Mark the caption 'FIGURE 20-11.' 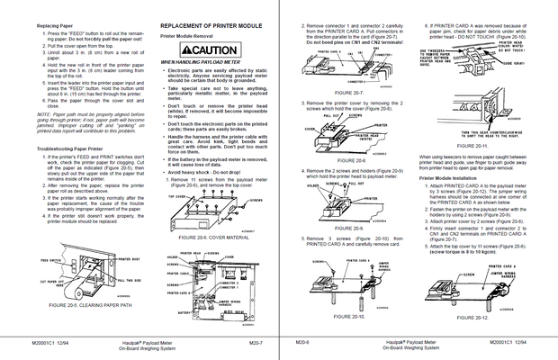click(x=473, y=145)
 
